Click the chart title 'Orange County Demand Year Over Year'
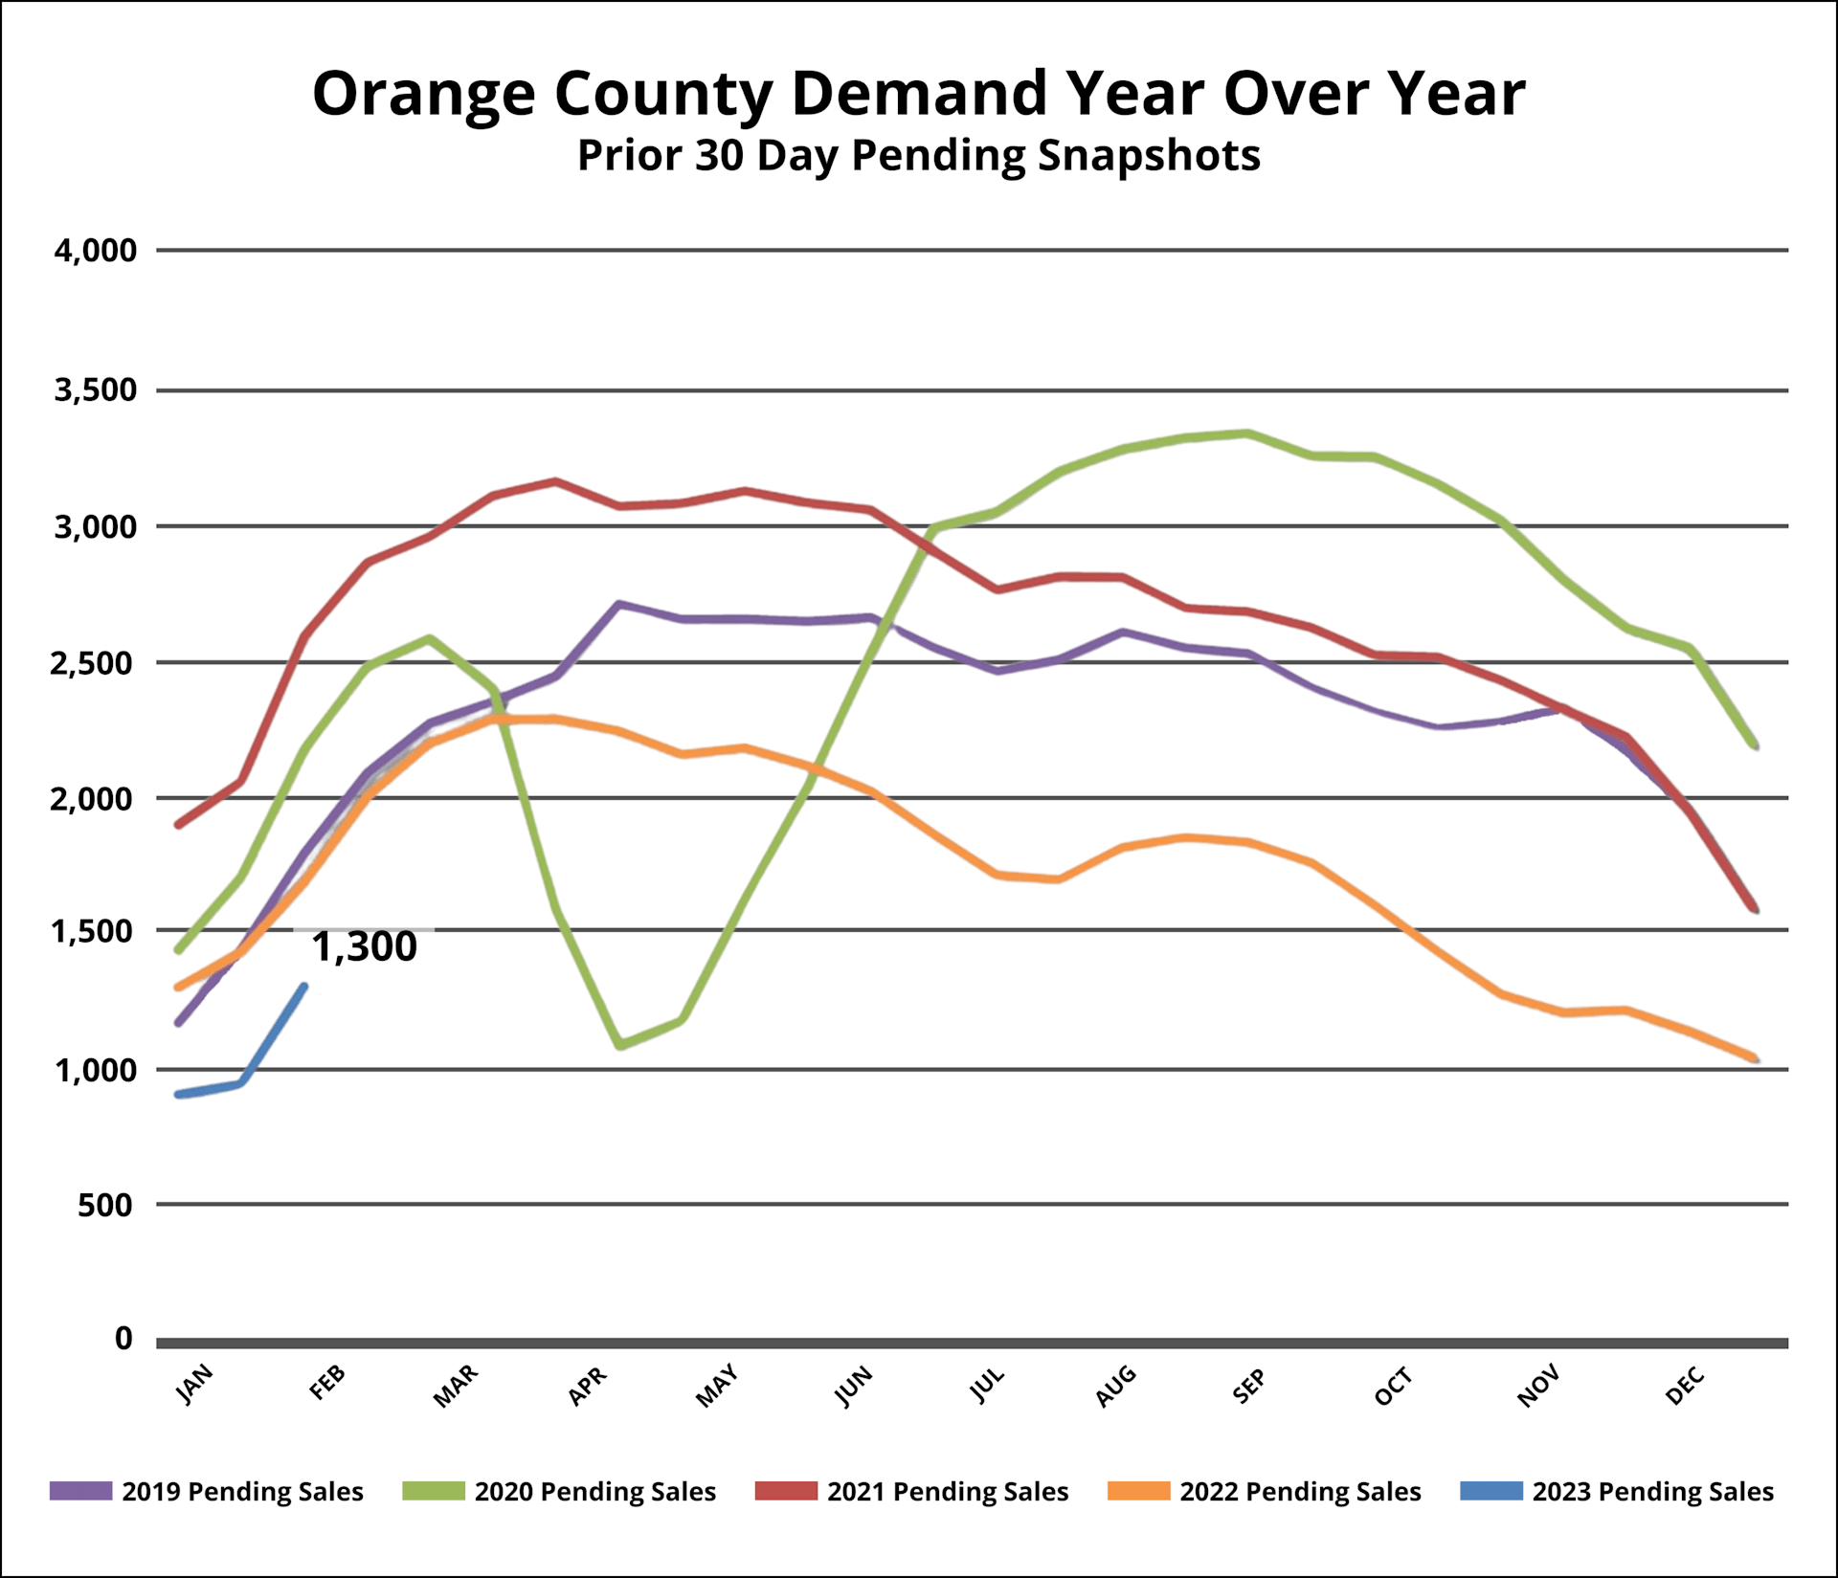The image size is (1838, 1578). coord(918,94)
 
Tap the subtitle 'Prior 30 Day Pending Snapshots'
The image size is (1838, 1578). coord(918,155)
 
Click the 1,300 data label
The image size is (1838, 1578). coord(365,946)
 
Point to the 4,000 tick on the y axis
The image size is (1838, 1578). coord(96,251)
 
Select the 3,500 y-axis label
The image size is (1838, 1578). coord(96,390)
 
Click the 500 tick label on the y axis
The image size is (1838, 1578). coord(105,1205)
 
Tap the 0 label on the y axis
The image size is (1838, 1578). coord(123,1338)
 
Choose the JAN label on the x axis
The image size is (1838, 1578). coord(195,1385)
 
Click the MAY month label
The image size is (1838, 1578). coord(717,1386)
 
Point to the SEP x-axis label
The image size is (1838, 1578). coord(1249,1386)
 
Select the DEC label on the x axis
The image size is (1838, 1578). coord(1686,1386)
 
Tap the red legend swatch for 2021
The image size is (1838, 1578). coord(786,1492)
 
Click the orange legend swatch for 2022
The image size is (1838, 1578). coord(1138,1492)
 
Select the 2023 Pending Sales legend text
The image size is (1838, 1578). coord(1652,1492)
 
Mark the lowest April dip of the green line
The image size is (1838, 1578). coord(620,1045)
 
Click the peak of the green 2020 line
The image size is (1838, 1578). coord(1246,433)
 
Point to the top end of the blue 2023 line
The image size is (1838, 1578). coord(303,987)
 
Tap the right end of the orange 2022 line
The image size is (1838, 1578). coord(1755,1058)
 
